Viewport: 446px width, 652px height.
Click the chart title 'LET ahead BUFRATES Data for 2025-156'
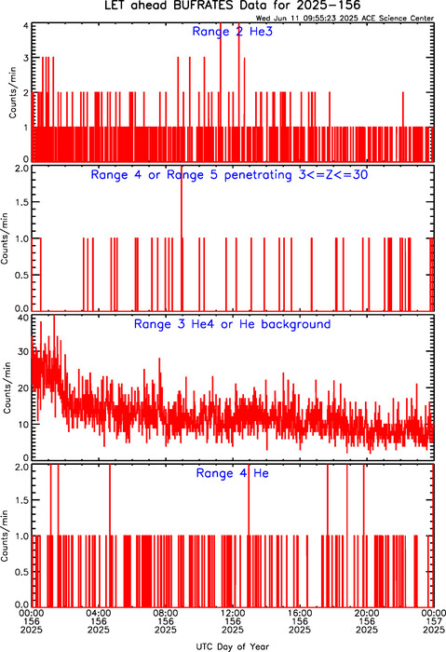233,6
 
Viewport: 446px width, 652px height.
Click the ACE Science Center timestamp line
345,19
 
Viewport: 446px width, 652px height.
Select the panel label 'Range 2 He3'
233,32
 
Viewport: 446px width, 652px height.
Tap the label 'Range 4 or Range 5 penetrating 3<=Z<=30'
229,175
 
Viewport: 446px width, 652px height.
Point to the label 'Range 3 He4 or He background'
233,324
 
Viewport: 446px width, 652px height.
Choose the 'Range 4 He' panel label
233,473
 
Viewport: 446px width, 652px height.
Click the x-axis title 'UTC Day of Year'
233,646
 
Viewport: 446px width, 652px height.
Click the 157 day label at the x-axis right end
434,621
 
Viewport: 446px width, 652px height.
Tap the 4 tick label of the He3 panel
26,25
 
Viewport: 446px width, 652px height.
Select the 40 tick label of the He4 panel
23,319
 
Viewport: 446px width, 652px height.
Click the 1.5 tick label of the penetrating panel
22,202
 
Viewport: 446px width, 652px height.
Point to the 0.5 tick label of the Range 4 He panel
22,572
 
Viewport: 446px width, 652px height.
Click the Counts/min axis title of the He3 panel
12,92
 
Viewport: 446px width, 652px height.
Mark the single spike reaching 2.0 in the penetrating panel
182,238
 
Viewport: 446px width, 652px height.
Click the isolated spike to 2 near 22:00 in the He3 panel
403,127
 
